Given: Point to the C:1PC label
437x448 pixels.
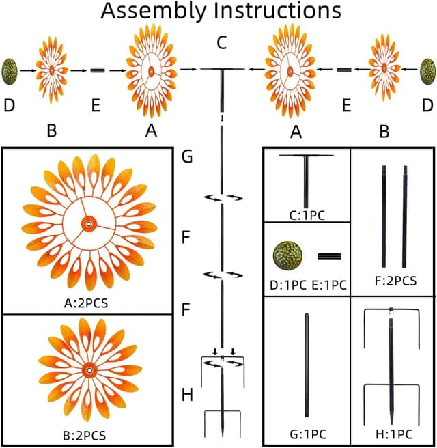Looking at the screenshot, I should (x=307, y=215).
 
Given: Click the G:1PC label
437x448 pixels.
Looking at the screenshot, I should (x=307, y=434).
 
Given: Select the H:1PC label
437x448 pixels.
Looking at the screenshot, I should (x=392, y=434).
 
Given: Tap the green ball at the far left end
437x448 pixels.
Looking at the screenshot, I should (x=10, y=70).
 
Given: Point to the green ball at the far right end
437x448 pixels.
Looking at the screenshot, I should (x=428, y=70).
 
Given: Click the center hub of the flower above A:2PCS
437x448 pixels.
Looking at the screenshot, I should (x=87, y=225).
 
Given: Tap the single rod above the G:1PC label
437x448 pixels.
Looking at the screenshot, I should (x=307, y=365).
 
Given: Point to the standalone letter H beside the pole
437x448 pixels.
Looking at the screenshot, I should (x=186, y=395).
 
